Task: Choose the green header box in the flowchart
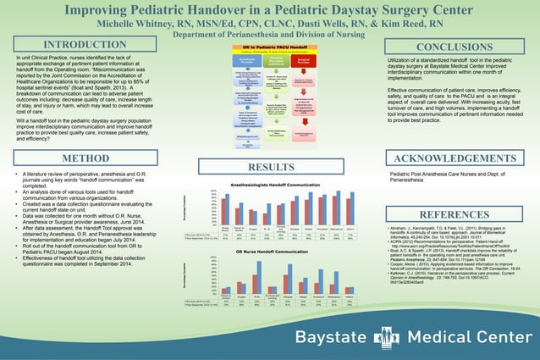(x=269, y=60)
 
